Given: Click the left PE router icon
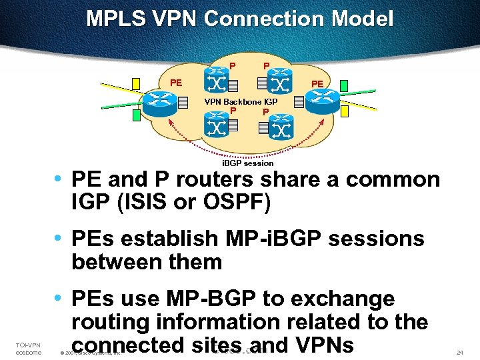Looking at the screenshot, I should (x=158, y=102).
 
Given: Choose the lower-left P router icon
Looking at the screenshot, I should (x=215, y=124).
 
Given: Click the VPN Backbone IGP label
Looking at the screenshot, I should (x=241, y=101).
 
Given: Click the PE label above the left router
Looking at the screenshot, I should (x=176, y=83).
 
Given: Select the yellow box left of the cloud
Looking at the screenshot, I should (x=136, y=83).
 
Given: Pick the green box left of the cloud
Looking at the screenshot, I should (x=136, y=115).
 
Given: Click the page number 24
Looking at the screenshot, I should (x=459, y=351).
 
